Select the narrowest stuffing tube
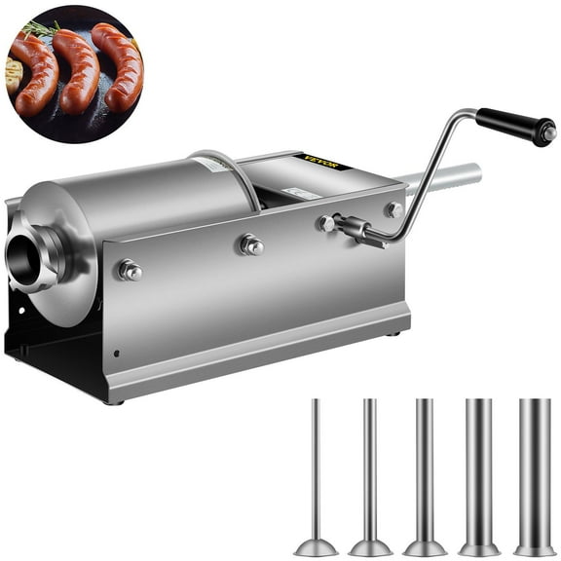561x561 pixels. pyautogui.click(x=315, y=467)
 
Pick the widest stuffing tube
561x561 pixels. pyautogui.click(x=534, y=467)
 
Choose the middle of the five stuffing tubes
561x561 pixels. pyautogui.click(x=424, y=467)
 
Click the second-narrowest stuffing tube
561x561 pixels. pyautogui.click(x=370, y=467)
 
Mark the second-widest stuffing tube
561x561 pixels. pyautogui.click(x=478, y=467)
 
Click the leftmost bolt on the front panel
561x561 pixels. pyautogui.click(x=129, y=270)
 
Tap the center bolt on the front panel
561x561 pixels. pyautogui.click(x=250, y=244)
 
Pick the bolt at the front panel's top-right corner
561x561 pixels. pyautogui.click(x=393, y=209)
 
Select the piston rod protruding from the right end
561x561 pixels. pyautogui.click(x=448, y=178)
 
